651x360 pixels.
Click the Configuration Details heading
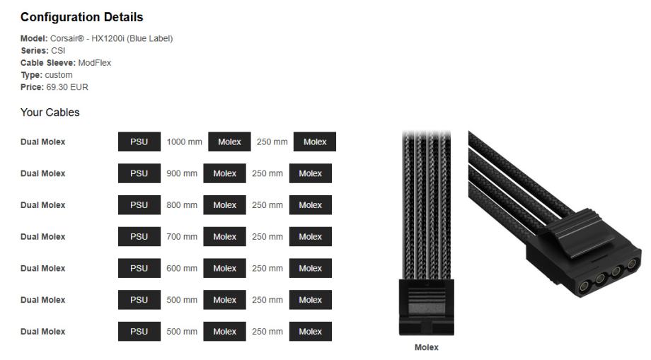pos(81,17)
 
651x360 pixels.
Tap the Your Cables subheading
pos(50,112)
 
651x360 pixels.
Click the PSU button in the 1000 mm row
pos(139,141)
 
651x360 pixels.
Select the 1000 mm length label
pos(184,141)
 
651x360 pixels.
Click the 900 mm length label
pos(182,173)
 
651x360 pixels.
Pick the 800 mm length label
pos(182,205)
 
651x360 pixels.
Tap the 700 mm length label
pos(182,237)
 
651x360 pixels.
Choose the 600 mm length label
pos(182,268)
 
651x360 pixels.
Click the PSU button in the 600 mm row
pos(139,268)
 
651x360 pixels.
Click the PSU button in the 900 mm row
pos(139,173)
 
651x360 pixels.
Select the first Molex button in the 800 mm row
pos(224,205)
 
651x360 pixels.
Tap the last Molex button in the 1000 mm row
pos(314,141)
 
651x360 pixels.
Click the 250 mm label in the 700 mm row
pos(267,237)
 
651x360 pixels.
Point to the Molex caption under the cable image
pos(426,347)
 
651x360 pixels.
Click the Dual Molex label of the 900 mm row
pos(42,173)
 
